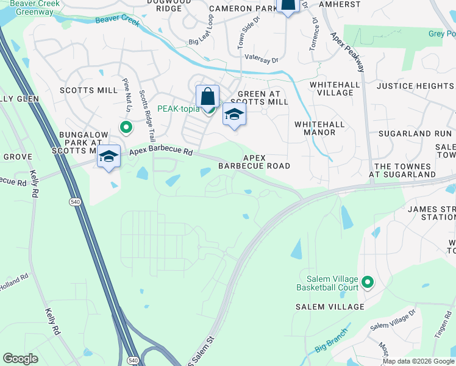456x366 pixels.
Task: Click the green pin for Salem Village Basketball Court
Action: coord(368,282)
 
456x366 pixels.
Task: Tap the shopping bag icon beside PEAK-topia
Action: coord(207,96)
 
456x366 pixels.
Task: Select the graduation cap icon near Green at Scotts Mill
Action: coord(233,115)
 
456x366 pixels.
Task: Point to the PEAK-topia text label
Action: coord(179,109)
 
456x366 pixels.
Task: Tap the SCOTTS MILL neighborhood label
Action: coord(88,90)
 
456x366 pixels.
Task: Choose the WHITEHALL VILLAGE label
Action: coord(331,88)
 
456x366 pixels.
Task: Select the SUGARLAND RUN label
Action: coord(414,134)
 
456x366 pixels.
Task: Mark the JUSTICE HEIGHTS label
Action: coord(415,86)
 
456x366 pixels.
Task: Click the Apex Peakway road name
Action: coord(348,52)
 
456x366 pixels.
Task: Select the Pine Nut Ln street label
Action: coord(127,95)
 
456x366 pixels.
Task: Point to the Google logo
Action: coord(20,358)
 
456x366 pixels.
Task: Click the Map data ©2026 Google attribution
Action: coord(418,361)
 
